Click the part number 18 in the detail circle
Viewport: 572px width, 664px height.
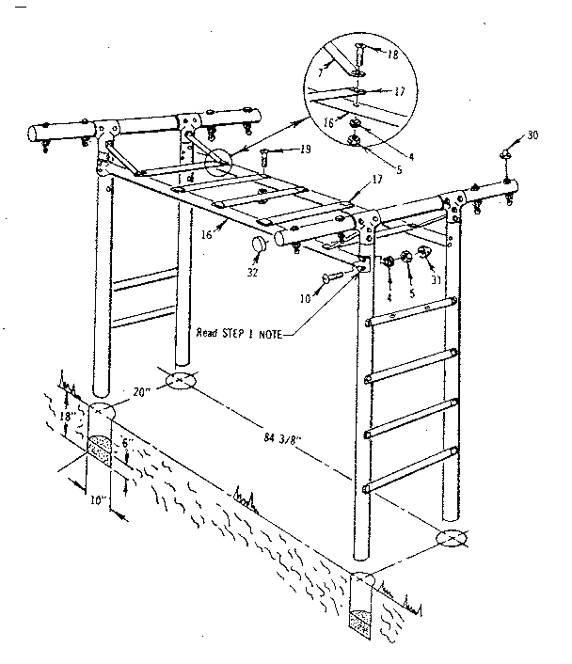[392, 55]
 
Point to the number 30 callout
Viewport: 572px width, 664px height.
[533, 136]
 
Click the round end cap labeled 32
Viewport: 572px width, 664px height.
[256, 245]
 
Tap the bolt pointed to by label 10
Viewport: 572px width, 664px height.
[337, 277]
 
